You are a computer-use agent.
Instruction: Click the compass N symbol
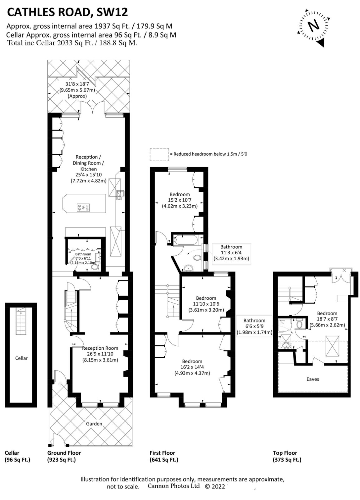(x=313, y=26)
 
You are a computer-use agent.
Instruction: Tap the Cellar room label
(x=21, y=358)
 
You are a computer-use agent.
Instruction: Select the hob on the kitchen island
(x=83, y=207)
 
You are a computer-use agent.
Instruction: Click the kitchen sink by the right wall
(x=120, y=195)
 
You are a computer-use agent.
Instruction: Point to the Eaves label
(x=313, y=379)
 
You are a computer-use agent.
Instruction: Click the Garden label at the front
(x=94, y=424)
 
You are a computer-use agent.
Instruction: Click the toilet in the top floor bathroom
(x=299, y=324)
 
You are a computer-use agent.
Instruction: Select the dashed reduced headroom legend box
(x=159, y=154)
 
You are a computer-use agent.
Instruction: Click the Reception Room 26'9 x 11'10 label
(x=100, y=354)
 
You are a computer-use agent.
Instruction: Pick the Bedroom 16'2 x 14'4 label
(x=192, y=367)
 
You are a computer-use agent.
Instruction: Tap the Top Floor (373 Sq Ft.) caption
(x=287, y=456)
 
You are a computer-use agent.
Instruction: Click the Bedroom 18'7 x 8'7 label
(x=327, y=319)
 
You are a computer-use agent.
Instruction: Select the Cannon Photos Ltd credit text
(x=174, y=486)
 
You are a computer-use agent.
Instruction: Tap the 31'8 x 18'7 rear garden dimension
(x=77, y=90)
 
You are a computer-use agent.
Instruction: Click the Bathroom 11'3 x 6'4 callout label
(x=231, y=252)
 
